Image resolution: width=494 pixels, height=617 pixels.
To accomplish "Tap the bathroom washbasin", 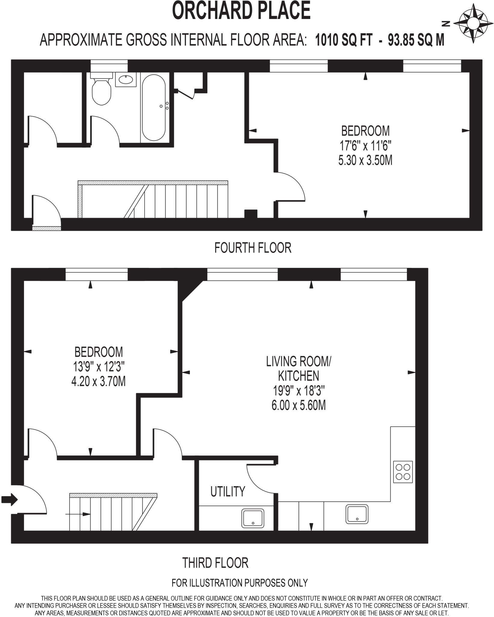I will point(126,80).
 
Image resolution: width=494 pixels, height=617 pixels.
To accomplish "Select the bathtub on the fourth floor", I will point(154,108).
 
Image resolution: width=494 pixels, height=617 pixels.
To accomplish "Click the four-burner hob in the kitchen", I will point(403,472).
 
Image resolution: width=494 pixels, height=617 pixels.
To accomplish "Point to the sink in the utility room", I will point(253,518).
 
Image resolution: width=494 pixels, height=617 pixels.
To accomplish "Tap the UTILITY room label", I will point(228,491).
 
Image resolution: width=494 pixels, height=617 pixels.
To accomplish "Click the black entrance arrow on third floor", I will point(9,500).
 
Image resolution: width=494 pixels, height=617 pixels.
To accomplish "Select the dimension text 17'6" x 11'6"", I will point(365,146).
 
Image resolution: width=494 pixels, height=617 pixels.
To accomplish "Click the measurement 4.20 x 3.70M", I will point(98,382).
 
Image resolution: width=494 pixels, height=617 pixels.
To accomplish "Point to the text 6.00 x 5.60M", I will point(298,406).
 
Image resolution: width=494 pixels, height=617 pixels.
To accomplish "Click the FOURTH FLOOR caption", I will point(253,248).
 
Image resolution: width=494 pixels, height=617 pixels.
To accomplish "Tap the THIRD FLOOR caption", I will point(215,563).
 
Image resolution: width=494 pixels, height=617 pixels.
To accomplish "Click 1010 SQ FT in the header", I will point(343,40).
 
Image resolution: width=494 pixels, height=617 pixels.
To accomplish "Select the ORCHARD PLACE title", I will point(241,11).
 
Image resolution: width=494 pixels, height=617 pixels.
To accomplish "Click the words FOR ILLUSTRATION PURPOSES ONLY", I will point(240,583).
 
